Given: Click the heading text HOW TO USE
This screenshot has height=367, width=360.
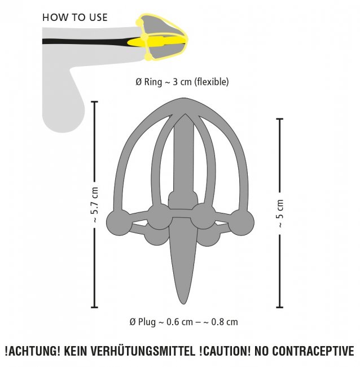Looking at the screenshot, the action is (x=75, y=18).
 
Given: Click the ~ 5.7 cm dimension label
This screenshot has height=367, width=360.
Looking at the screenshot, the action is (x=95, y=204).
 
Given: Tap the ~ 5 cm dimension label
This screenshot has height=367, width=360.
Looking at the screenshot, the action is (x=280, y=213).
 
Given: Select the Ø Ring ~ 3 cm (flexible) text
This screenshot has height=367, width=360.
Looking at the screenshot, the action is (x=182, y=82).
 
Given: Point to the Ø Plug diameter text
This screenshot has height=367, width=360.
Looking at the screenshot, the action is (x=183, y=322).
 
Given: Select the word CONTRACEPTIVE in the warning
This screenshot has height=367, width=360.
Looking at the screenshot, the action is (x=313, y=351).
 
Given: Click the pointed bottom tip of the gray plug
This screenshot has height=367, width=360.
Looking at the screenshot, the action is (x=183, y=304).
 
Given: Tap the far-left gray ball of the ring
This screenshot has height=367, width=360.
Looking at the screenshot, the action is (x=118, y=222).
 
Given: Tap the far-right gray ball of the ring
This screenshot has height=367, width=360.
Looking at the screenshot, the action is (x=242, y=222).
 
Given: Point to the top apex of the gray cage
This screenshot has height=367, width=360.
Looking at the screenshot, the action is (x=184, y=98).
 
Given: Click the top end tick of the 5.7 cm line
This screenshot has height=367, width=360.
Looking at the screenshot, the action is (x=94, y=102).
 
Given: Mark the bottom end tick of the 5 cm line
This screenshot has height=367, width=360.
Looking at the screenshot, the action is (x=280, y=307).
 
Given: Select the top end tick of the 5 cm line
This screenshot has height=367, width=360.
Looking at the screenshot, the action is (x=280, y=119).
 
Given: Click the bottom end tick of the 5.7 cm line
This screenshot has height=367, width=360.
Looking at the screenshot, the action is (x=94, y=307).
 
